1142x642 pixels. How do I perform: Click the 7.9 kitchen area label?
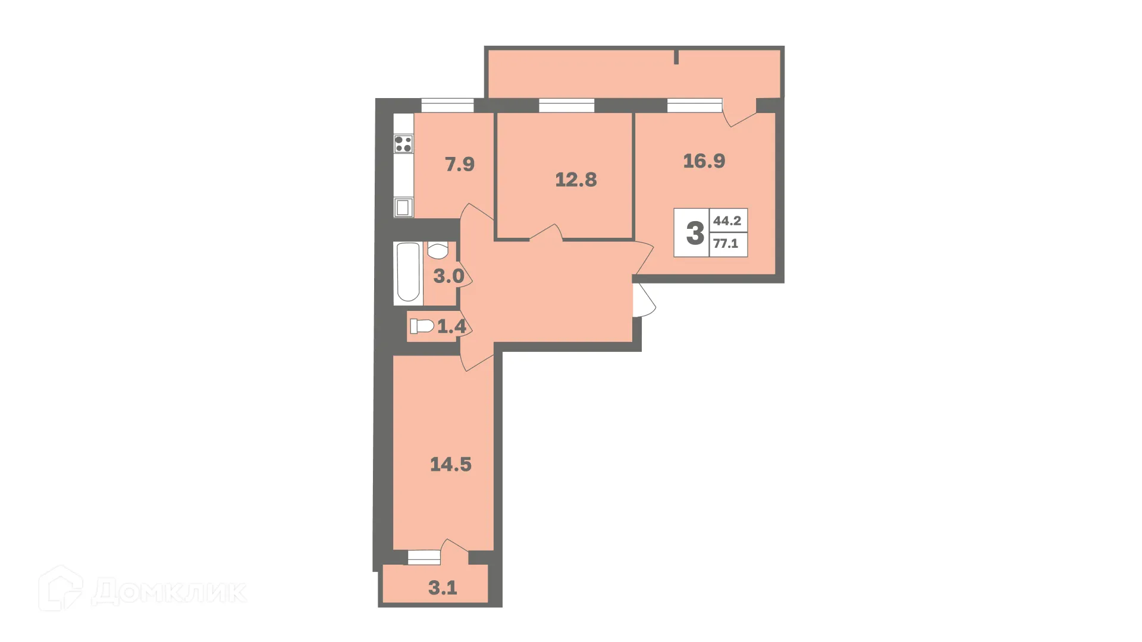click(x=460, y=164)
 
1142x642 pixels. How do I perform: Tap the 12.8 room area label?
click(x=576, y=180)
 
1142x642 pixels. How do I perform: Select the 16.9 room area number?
click(x=704, y=161)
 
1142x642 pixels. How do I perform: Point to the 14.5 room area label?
click(x=451, y=464)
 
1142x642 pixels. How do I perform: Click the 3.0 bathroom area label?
click(x=448, y=276)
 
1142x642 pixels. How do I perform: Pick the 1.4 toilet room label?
click(x=451, y=326)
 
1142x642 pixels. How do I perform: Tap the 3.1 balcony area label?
click(x=443, y=588)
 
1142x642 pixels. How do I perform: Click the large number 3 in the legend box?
click(x=695, y=233)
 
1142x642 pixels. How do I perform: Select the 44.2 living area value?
click(x=727, y=221)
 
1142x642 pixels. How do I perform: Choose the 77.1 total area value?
click(x=726, y=243)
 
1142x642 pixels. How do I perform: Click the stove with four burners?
click(x=403, y=144)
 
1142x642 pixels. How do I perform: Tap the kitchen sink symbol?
click(x=403, y=207)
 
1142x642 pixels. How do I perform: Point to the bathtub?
click(x=408, y=273)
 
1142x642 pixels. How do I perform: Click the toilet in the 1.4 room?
click(x=422, y=326)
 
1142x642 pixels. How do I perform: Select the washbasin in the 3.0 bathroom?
click(x=438, y=251)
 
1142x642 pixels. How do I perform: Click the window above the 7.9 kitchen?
click(x=447, y=106)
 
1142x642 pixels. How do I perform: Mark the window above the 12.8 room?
click(x=566, y=106)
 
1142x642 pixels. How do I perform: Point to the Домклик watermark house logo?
click(x=61, y=588)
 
